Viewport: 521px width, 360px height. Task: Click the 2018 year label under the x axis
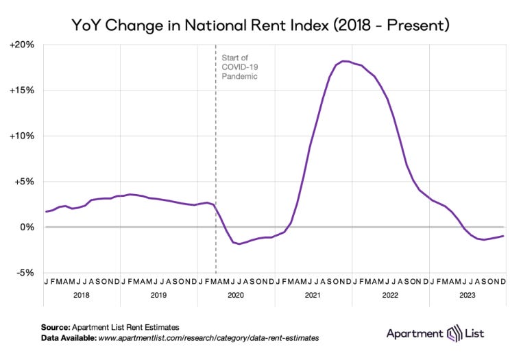coord(82,295)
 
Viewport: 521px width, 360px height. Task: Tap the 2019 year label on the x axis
coord(158,295)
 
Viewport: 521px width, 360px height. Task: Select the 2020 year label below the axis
coord(235,295)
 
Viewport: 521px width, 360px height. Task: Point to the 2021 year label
coord(313,295)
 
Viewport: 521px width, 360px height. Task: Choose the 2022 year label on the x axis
coord(389,295)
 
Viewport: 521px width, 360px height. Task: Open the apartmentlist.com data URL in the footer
coord(210,338)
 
